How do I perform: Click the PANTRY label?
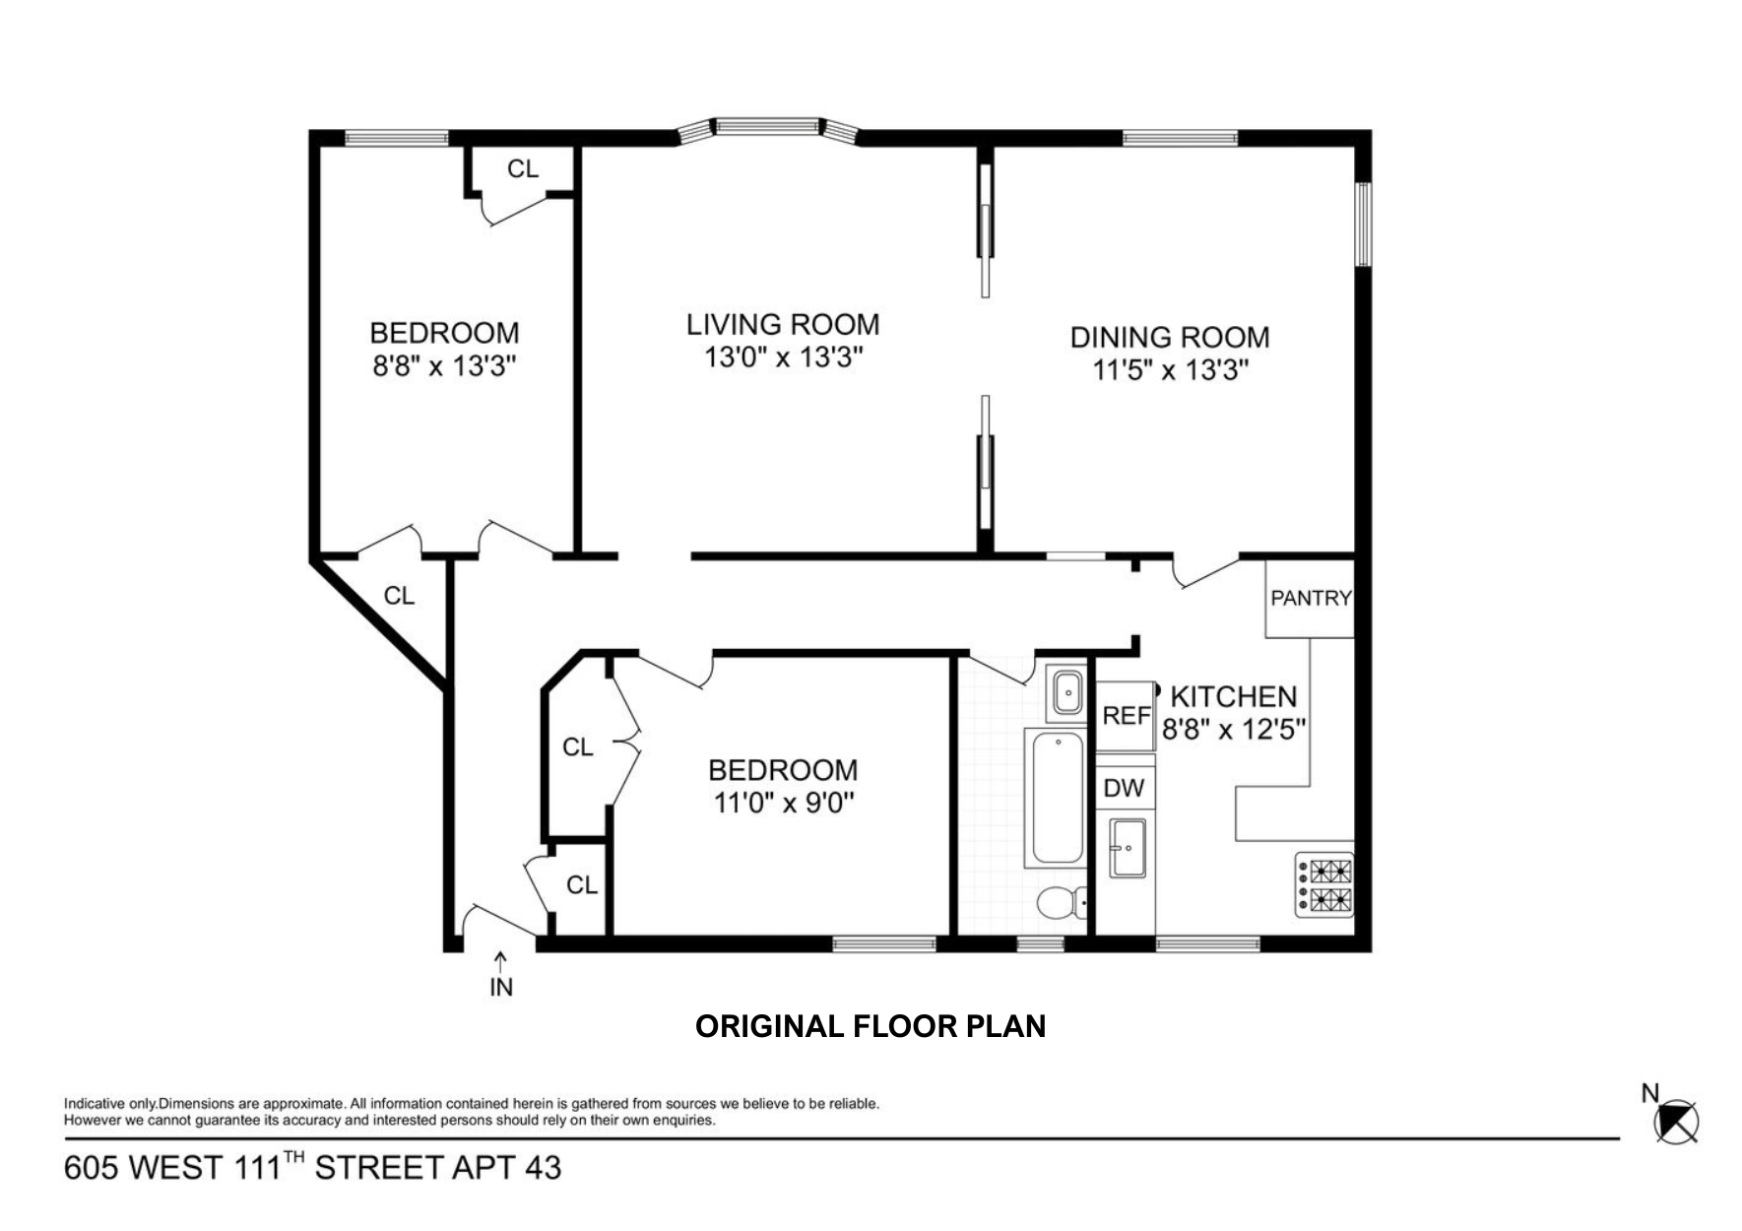(x=1310, y=598)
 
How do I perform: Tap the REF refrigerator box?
(x=1126, y=715)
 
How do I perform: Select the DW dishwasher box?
(x=1124, y=788)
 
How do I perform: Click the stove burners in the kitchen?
(x=1324, y=884)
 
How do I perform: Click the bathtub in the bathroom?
(x=1056, y=798)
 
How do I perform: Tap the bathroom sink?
(x=1066, y=692)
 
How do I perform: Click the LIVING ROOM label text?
(x=783, y=324)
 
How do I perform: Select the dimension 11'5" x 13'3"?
(x=1170, y=370)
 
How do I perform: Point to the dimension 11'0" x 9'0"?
(x=783, y=804)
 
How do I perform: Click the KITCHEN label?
(x=1233, y=697)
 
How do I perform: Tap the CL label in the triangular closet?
(x=399, y=596)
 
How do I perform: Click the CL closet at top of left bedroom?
(x=522, y=169)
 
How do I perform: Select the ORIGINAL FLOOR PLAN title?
(x=870, y=1026)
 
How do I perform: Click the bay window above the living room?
(x=768, y=127)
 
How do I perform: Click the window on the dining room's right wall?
(x=1363, y=224)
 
